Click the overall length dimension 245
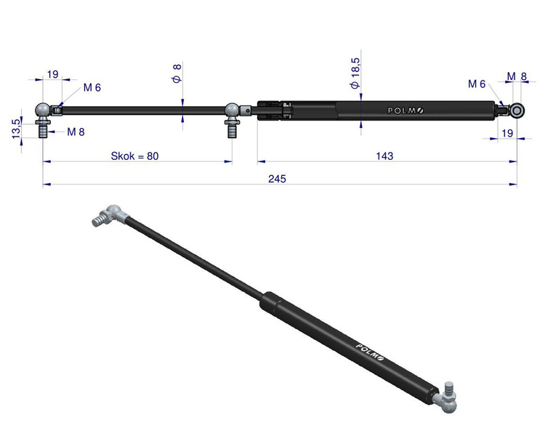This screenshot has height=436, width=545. coord(277,178)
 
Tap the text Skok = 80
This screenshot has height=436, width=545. coord(134,156)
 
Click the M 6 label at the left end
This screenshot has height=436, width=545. coord(92,88)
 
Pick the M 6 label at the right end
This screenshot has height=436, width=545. coord(477,84)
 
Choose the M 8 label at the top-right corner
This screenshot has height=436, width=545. coord(517,76)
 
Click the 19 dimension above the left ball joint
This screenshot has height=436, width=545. coord(52,74)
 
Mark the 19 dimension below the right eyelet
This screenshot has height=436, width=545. coord(507,133)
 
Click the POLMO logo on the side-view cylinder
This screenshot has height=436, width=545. coord(404,110)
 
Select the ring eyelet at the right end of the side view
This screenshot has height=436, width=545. coord(517,110)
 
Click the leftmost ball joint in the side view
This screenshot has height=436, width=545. coord(44,110)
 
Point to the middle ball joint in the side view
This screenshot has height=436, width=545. coord(233,110)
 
